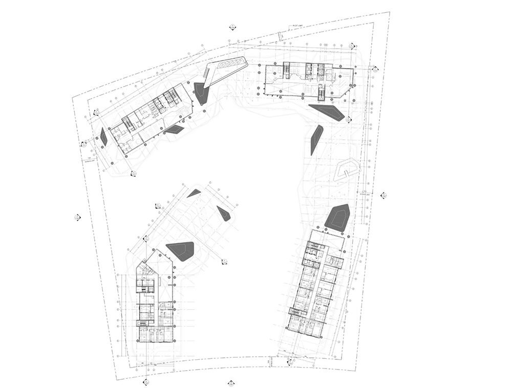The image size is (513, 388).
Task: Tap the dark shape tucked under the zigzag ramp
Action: pyautogui.click(x=201, y=94)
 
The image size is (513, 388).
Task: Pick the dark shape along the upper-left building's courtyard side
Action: pyautogui.click(x=174, y=129)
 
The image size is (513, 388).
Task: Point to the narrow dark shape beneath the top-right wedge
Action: pyautogui.click(x=316, y=139)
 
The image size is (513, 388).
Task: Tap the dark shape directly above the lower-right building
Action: pyautogui.click(x=338, y=217)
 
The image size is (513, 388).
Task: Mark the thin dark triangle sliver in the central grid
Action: pyautogui.click(x=194, y=193)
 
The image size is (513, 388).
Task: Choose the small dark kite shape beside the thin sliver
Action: pyautogui.click(x=224, y=213)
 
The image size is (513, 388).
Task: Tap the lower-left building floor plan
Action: pyautogui.click(x=154, y=302)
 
